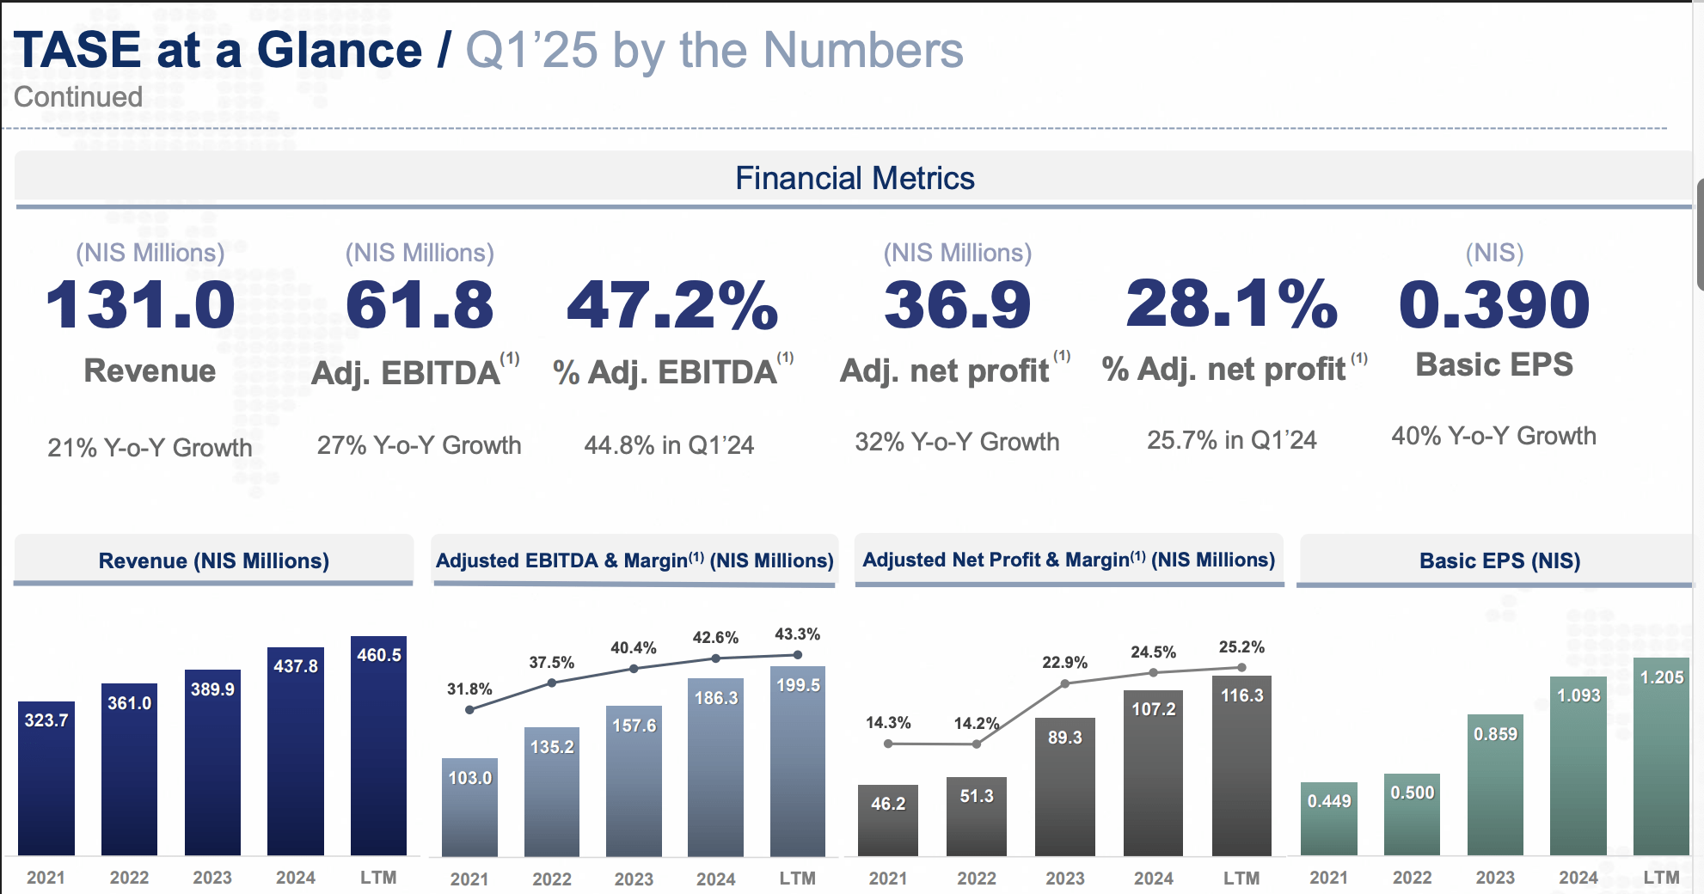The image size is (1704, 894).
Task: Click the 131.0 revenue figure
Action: (140, 305)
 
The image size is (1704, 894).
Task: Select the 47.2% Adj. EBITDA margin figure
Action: (671, 305)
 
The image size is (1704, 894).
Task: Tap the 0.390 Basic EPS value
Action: (1494, 304)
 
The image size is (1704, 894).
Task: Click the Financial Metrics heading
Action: (854, 179)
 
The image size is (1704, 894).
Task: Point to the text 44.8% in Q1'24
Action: (669, 445)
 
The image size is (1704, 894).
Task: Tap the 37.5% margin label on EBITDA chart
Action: (551, 663)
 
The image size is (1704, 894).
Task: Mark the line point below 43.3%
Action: (798, 655)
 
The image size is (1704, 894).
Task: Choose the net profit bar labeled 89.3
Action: (1064, 787)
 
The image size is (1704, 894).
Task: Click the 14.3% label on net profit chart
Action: (888, 723)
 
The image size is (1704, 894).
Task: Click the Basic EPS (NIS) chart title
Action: (1499, 561)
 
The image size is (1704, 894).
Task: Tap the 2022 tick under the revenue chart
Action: (129, 878)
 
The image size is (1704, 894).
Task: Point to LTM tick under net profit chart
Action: (1241, 879)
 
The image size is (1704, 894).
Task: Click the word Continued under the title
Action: (78, 97)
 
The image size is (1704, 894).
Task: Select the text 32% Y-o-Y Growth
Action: (957, 442)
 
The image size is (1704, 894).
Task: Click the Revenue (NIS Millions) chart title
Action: (213, 561)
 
